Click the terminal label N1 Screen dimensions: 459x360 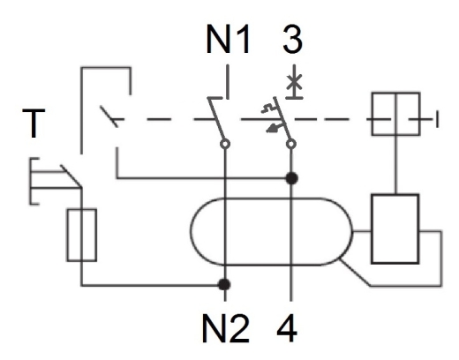[229, 39]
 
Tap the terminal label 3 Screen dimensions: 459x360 [292, 39]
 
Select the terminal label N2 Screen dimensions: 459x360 [226, 328]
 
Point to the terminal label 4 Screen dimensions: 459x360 [287, 328]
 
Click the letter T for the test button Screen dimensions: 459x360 [34, 123]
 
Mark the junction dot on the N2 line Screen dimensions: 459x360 [224, 284]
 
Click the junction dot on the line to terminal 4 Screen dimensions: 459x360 [292, 178]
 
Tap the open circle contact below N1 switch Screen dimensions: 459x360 [225, 144]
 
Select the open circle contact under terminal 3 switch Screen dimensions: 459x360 [291, 144]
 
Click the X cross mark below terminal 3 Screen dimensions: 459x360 [294, 82]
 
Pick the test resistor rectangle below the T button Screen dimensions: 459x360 [82, 235]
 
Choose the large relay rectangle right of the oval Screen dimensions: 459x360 [395, 229]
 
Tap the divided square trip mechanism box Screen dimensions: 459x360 [395, 114]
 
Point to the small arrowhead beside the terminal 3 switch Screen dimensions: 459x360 [272, 128]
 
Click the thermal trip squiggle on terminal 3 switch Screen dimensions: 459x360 [268, 109]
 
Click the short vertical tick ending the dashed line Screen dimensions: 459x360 [437, 119]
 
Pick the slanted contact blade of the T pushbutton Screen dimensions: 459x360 [71, 176]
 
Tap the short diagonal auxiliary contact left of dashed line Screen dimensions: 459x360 [109, 116]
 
